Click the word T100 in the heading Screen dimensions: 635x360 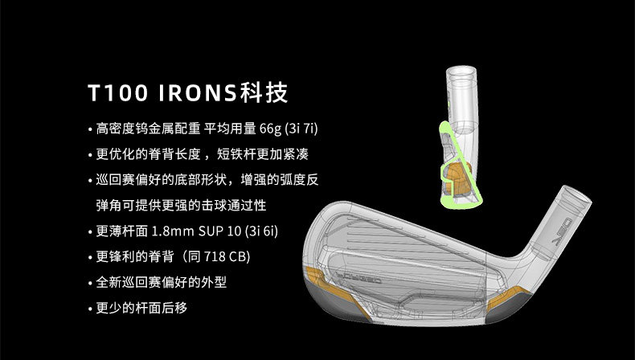pos(120,93)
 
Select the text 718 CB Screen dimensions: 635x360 pos(223,257)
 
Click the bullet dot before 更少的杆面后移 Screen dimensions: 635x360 pos(89,309)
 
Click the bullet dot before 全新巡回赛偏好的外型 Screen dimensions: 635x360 pos(89,283)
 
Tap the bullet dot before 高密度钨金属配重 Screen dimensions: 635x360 pos(89,129)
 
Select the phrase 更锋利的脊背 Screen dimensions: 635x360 pos(126,257)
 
